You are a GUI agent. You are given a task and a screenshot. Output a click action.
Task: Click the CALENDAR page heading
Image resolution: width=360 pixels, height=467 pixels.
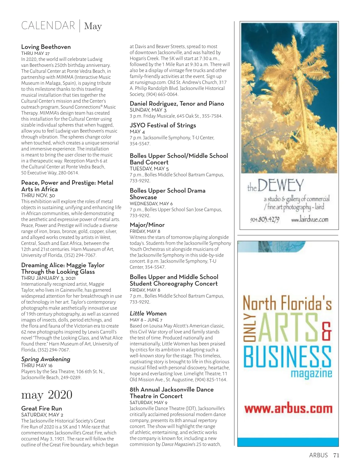pos(48,26)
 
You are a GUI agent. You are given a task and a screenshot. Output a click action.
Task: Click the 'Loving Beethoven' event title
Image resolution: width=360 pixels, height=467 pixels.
pos(46,47)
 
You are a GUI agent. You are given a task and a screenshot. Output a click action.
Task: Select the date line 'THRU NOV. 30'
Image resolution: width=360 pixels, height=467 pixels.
pos(38,195)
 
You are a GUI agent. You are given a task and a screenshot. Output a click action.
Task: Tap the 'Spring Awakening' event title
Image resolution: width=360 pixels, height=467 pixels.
pos(46,359)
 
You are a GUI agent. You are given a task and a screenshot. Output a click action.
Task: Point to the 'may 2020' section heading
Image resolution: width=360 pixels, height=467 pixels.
pos(47,395)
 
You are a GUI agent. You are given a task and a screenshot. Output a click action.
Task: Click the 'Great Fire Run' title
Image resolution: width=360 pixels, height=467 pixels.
pos(41,408)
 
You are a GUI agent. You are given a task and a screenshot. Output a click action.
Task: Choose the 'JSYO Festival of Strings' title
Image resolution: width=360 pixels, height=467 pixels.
pos(163,125)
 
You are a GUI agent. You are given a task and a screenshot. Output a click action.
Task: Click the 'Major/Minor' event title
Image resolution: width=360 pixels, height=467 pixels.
pos(147,225)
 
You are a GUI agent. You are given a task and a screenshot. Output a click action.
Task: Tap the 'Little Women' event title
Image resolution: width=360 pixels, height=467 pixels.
pos(148,314)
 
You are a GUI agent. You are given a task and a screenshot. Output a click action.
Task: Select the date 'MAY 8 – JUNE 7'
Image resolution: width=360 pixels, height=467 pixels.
pos(146,320)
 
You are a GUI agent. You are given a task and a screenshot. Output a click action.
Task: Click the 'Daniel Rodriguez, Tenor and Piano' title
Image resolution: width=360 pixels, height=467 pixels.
pos(177,104)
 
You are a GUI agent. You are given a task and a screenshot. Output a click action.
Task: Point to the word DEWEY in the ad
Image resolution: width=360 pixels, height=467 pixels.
pos(280,186)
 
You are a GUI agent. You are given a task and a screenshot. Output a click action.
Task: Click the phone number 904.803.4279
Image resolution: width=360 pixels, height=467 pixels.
pos(265,220)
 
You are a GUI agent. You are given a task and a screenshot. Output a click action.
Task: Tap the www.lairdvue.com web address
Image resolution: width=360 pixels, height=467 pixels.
pos(310,220)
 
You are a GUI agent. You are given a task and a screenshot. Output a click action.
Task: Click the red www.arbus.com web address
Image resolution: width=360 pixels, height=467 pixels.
pos(288,409)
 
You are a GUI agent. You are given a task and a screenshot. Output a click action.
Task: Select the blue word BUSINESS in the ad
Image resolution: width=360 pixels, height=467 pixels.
pos(287,357)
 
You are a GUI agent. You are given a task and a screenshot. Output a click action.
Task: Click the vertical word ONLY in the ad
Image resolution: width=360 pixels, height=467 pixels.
pos(249,328)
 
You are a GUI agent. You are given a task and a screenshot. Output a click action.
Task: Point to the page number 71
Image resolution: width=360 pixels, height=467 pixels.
pos(336,455)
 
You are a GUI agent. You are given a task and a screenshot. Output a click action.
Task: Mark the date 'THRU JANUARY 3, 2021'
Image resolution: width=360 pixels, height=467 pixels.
pos(48,278)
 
